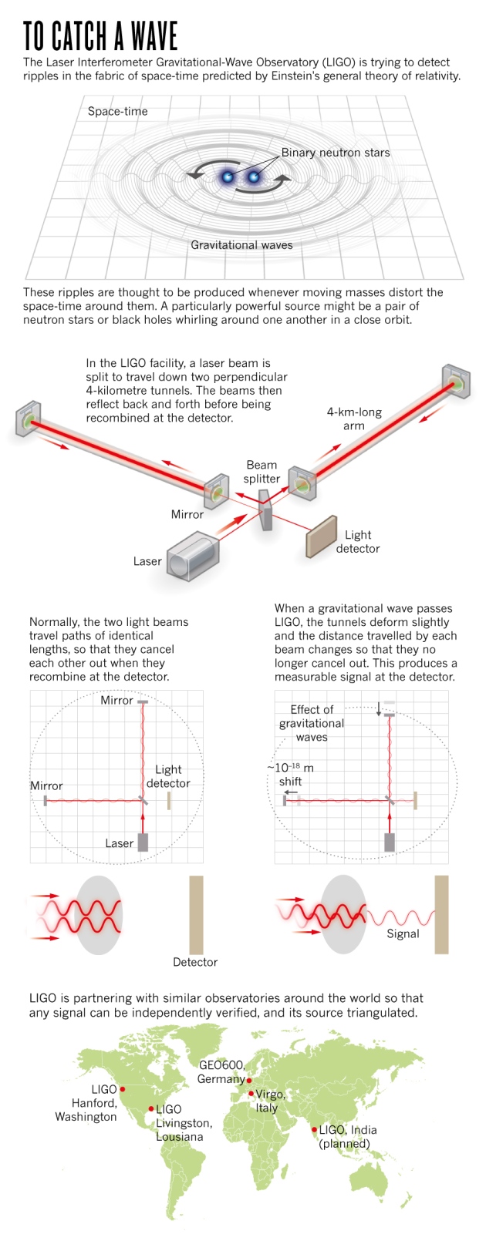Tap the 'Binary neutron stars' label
coord(335,153)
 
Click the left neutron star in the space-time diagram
coord(228,177)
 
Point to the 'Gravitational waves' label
coord(241,245)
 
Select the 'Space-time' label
coord(117,111)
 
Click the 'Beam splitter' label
coord(262,472)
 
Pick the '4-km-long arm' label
coord(354,419)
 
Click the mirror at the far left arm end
coord(29,419)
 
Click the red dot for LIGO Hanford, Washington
coord(123,1089)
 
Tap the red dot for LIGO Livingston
coord(151,1109)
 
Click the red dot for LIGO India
coord(315,1130)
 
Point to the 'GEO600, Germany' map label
coord(221,1072)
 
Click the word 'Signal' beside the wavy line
coord(403,933)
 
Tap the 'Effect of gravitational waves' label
coord(312,723)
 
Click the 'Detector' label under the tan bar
coord(195,962)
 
